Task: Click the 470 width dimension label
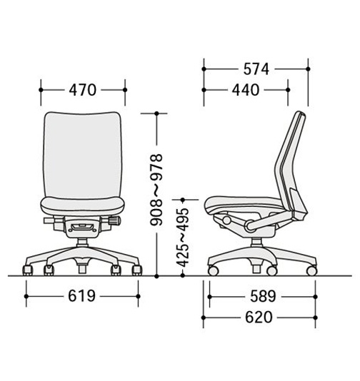pyautogui.click(x=83, y=90)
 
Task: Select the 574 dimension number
pyautogui.click(x=256, y=69)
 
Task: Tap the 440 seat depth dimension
pyautogui.click(x=246, y=90)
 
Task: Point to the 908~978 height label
pyautogui.click(x=156, y=190)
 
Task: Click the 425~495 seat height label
pyautogui.click(x=182, y=238)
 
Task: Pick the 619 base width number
pyautogui.click(x=81, y=296)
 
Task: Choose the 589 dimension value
pyautogui.click(x=263, y=296)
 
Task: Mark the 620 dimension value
pyautogui.click(x=259, y=317)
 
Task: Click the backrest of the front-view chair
pyautogui.click(x=82, y=156)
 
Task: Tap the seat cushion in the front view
pyautogui.click(x=82, y=206)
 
